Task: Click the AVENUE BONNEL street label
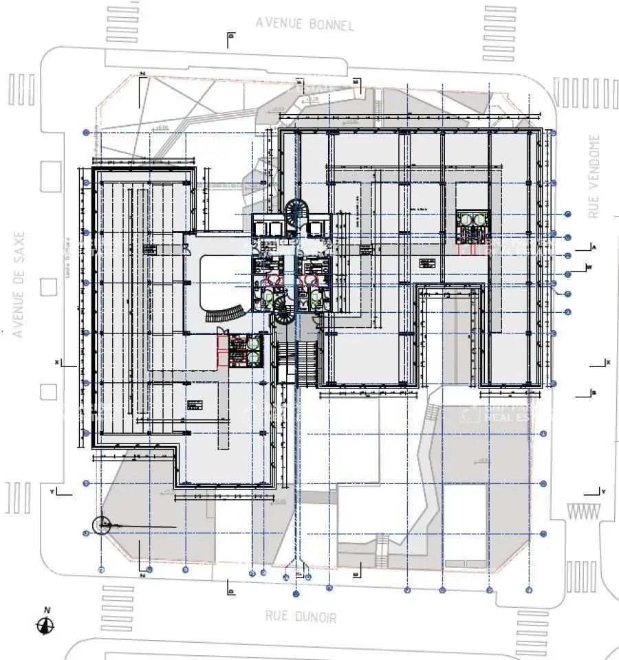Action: point(305,23)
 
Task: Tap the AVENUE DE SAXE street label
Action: point(19,284)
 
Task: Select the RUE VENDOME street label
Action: point(594,176)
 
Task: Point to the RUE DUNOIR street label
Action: point(301,617)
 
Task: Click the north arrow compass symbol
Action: point(45,624)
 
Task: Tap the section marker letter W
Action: point(589,267)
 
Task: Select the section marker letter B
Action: point(594,393)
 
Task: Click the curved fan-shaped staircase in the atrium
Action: point(226,313)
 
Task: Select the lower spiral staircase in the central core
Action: point(285,314)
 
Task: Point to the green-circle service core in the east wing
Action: point(473,226)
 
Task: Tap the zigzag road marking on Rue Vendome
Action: point(582,511)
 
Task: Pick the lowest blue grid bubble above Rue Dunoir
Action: point(296,593)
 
